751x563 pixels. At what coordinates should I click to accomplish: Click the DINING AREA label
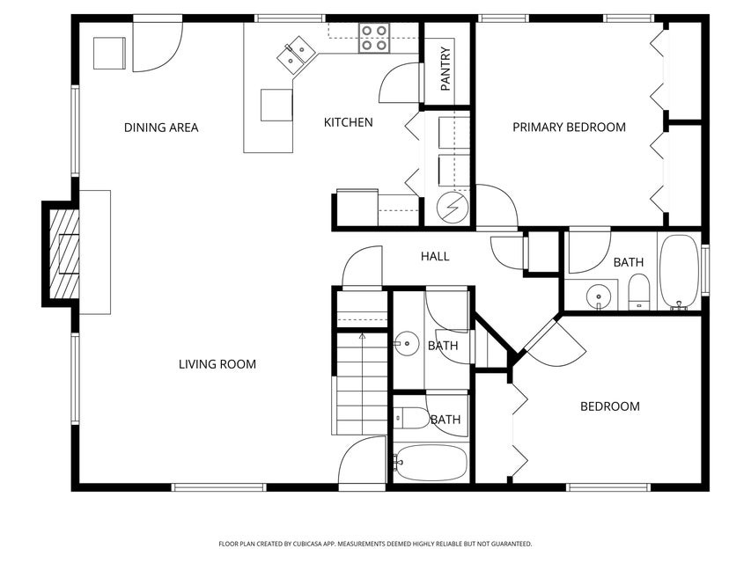tap(161, 128)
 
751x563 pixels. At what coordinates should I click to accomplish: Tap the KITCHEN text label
tap(348, 122)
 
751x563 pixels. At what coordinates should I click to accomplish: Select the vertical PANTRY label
tap(445, 69)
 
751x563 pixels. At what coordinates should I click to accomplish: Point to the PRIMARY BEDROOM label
tap(569, 128)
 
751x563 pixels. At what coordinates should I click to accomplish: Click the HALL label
tap(435, 256)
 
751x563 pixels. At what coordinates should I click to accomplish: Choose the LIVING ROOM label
tap(217, 364)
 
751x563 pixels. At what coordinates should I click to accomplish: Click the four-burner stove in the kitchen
tap(373, 37)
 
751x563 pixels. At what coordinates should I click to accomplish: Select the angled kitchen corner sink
tap(296, 55)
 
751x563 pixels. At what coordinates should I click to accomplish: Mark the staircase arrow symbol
tap(361, 335)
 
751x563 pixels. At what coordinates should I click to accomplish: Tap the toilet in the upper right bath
tap(639, 291)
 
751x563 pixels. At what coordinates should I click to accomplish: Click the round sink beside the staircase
tap(408, 344)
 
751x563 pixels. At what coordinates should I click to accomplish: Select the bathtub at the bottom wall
tap(431, 462)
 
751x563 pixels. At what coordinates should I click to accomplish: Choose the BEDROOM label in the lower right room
tap(609, 406)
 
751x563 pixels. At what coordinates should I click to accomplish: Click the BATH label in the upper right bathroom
tap(628, 262)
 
